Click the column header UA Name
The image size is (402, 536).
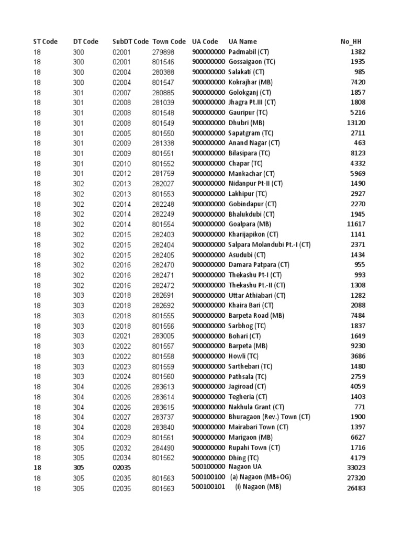[x=242, y=41]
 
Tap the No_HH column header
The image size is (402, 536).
[x=350, y=41]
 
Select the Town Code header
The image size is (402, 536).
[x=169, y=41]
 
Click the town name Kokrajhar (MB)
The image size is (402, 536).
[x=250, y=82]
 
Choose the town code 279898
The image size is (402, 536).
[x=163, y=52]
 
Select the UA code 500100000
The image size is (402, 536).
[x=208, y=467]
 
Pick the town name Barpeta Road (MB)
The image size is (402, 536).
[x=256, y=316]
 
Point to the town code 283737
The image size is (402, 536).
[x=163, y=418]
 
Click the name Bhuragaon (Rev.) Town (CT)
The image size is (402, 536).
[x=269, y=418]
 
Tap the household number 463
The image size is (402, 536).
[x=360, y=143]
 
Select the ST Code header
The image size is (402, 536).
[x=45, y=41]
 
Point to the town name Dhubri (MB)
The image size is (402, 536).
[x=246, y=123]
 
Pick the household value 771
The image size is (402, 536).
[x=360, y=407]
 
